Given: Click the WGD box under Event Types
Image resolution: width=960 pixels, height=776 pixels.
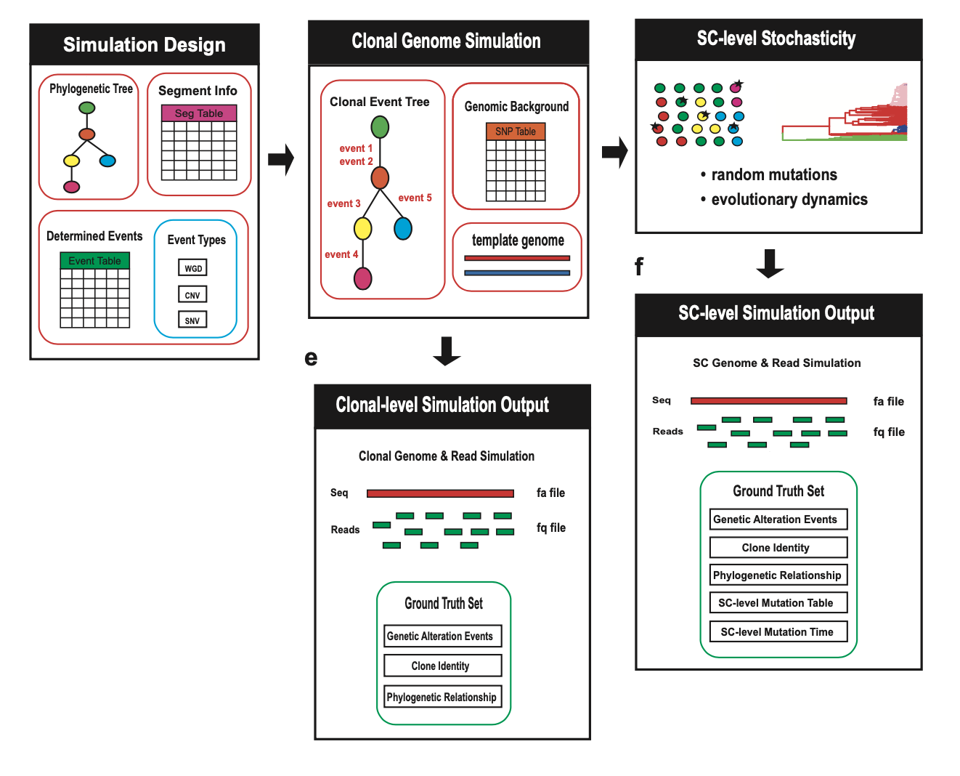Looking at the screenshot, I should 192,268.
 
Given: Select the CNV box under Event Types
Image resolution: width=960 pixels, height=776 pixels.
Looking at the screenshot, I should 192,295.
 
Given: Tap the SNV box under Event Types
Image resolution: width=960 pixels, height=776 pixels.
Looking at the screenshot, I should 192,320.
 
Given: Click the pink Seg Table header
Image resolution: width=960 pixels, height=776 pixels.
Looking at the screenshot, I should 199,113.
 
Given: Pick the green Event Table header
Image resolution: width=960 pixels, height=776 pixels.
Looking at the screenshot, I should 94,261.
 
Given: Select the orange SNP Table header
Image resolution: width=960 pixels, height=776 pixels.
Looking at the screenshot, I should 516,132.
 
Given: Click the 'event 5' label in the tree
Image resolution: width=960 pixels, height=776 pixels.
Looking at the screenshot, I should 415,198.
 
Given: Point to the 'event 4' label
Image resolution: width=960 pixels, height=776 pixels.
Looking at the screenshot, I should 341,254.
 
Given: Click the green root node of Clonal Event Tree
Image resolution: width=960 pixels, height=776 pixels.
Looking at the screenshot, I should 380,127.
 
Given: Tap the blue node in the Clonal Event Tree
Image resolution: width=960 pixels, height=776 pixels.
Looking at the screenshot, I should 403,228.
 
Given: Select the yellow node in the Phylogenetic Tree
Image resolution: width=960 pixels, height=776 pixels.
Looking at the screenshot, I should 71,161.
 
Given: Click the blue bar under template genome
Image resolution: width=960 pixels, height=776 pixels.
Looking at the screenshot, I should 517,273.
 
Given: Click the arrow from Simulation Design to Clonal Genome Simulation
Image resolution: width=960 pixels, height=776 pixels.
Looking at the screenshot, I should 281,159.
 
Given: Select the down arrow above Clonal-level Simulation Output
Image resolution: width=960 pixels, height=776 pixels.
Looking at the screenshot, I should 447,351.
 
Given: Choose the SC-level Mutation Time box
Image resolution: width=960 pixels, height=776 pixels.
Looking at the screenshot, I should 778,631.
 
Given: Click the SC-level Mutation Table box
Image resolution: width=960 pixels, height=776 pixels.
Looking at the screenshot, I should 778,603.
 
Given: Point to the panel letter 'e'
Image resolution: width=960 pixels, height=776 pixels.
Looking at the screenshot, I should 311,358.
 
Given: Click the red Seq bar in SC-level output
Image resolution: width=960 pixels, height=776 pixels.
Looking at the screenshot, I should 768,401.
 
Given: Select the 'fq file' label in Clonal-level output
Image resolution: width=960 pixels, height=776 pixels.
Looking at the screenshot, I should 551,528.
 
